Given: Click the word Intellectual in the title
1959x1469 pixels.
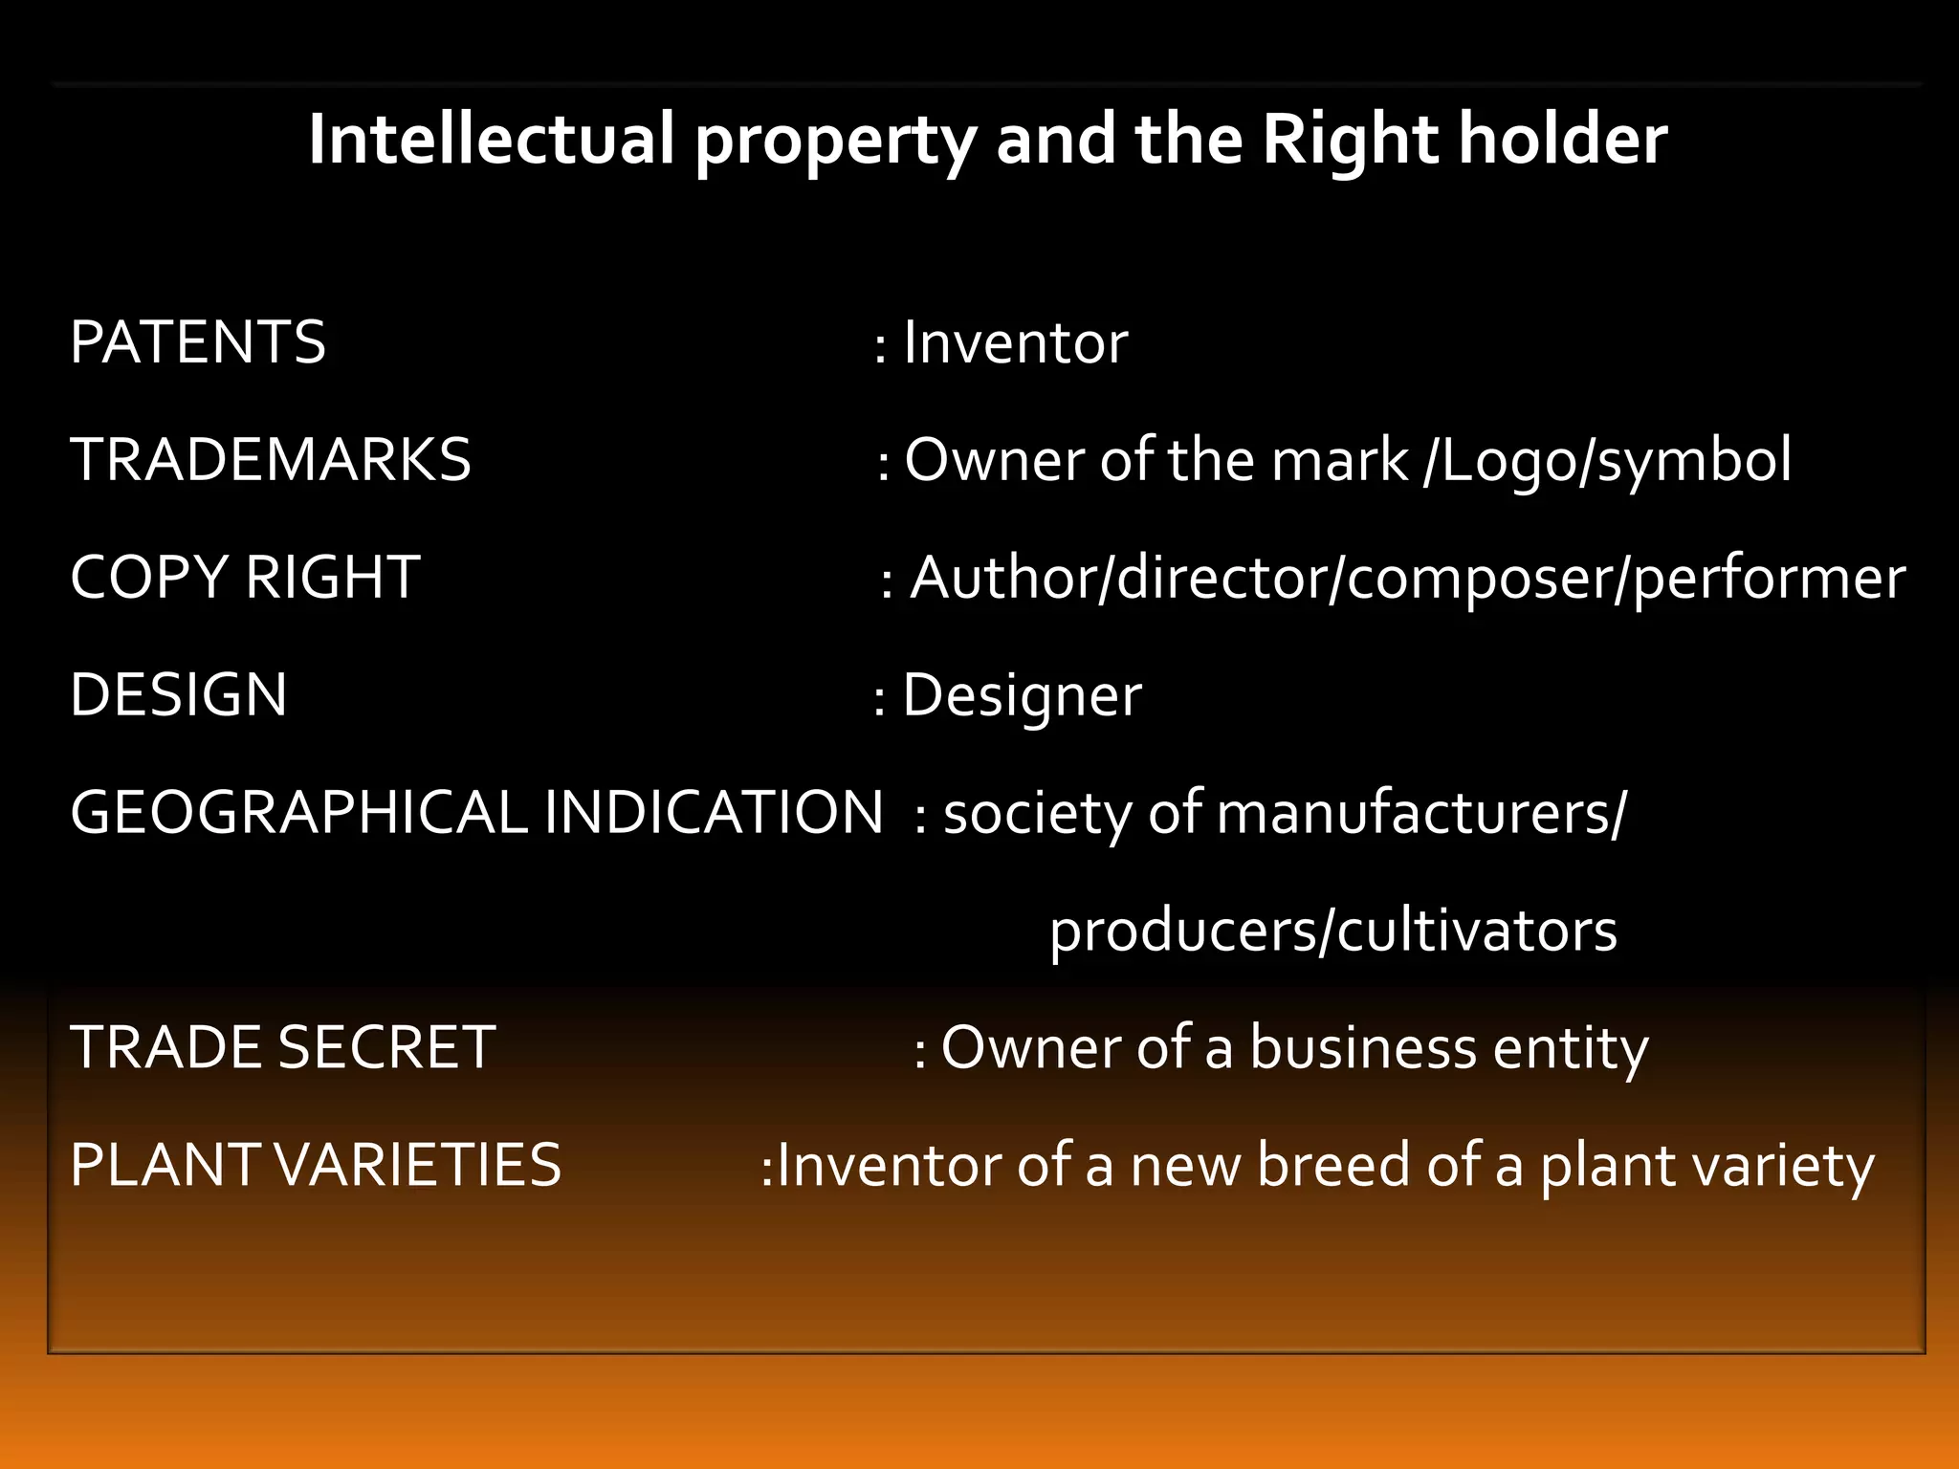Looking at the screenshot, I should pyautogui.click(x=492, y=140).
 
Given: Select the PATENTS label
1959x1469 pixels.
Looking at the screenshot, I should pyautogui.click(x=198, y=342).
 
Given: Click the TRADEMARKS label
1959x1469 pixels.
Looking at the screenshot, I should pyautogui.click(x=271, y=460).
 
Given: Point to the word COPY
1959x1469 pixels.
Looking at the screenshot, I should pyautogui.click(x=149, y=578).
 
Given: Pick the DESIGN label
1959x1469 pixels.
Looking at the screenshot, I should pyautogui.click(x=179, y=695).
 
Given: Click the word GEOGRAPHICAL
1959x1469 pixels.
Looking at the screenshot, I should pyautogui.click(x=298, y=813).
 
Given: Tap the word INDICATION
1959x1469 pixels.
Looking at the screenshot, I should pyautogui.click(x=714, y=813).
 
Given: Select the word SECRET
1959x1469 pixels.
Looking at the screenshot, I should pyautogui.click(x=386, y=1047).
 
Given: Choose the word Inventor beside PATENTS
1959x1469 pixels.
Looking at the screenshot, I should pyautogui.click(x=1016, y=342).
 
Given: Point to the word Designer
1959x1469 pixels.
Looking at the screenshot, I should pyautogui.click(x=1023, y=695).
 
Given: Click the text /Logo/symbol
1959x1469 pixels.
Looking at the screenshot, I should pyautogui.click(x=1608, y=460).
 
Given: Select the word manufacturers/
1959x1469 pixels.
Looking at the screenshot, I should pyautogui.click(x=1421, y=813).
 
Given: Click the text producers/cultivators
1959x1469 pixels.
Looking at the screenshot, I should pyautogui.click(x=1333, y=931).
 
